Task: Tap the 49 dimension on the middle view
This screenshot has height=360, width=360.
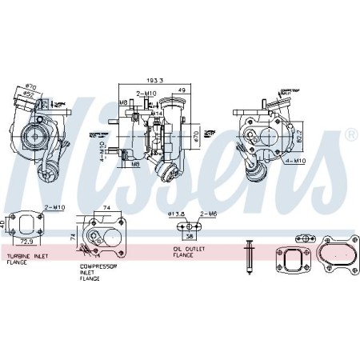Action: click(x=182, y=90)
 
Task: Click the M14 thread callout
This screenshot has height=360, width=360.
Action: click(x=158, y=114)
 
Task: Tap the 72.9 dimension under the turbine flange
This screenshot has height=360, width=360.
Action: click(x=27, y=240)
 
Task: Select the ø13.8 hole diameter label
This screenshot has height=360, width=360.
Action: click(x=176, y=214)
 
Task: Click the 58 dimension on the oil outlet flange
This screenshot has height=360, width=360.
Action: click(x=189, y=238)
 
